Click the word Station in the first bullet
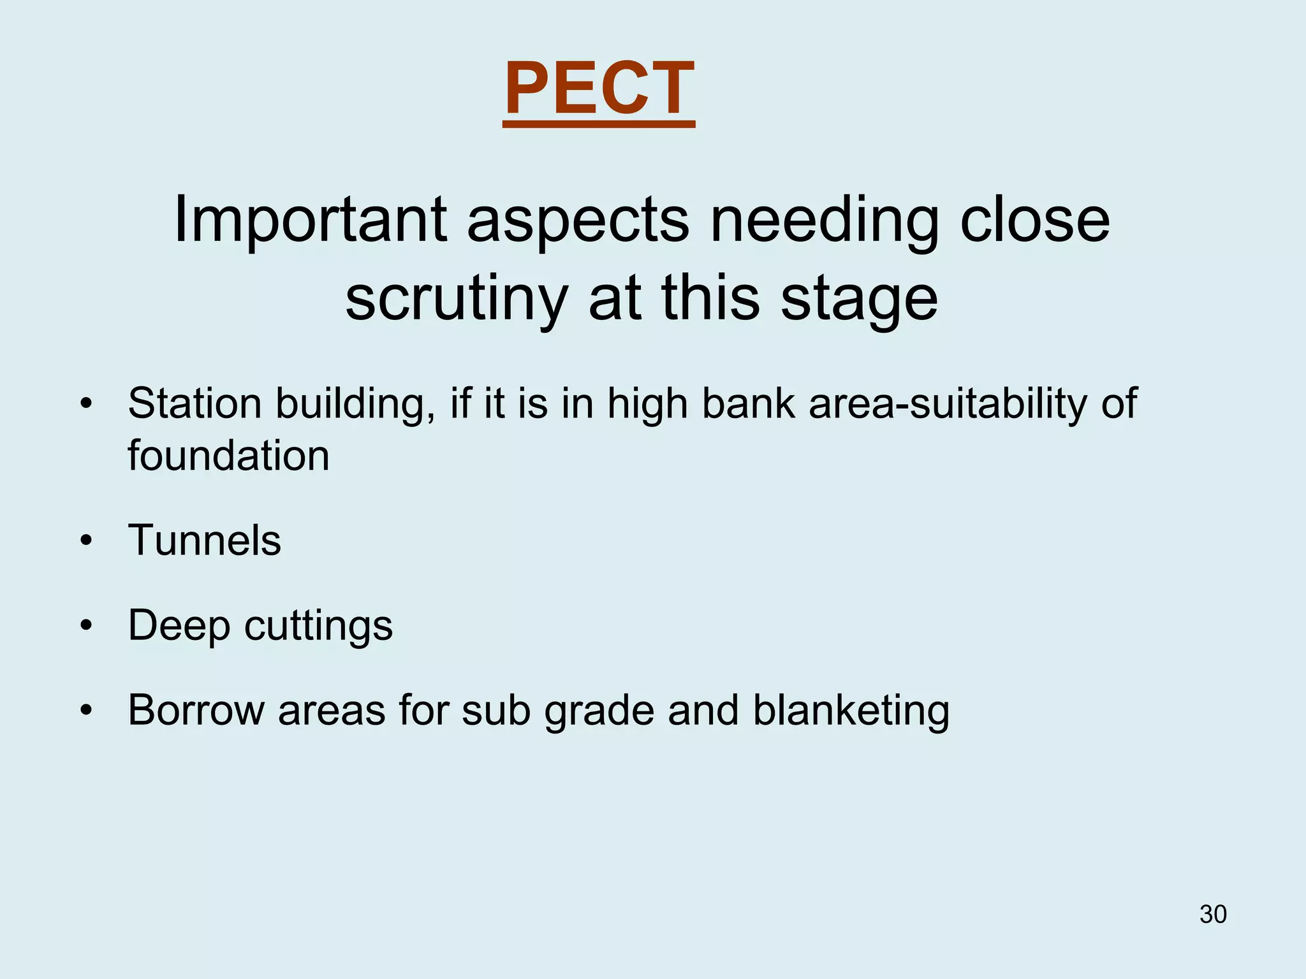[x=194, y=403]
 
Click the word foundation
[x=228, y=456]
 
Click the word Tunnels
[x=204, y=540]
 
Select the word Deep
[x=179, y=627]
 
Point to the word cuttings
[x=318, y=627]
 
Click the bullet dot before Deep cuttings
[x=87, y=627]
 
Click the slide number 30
[x=1213, y=914]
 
